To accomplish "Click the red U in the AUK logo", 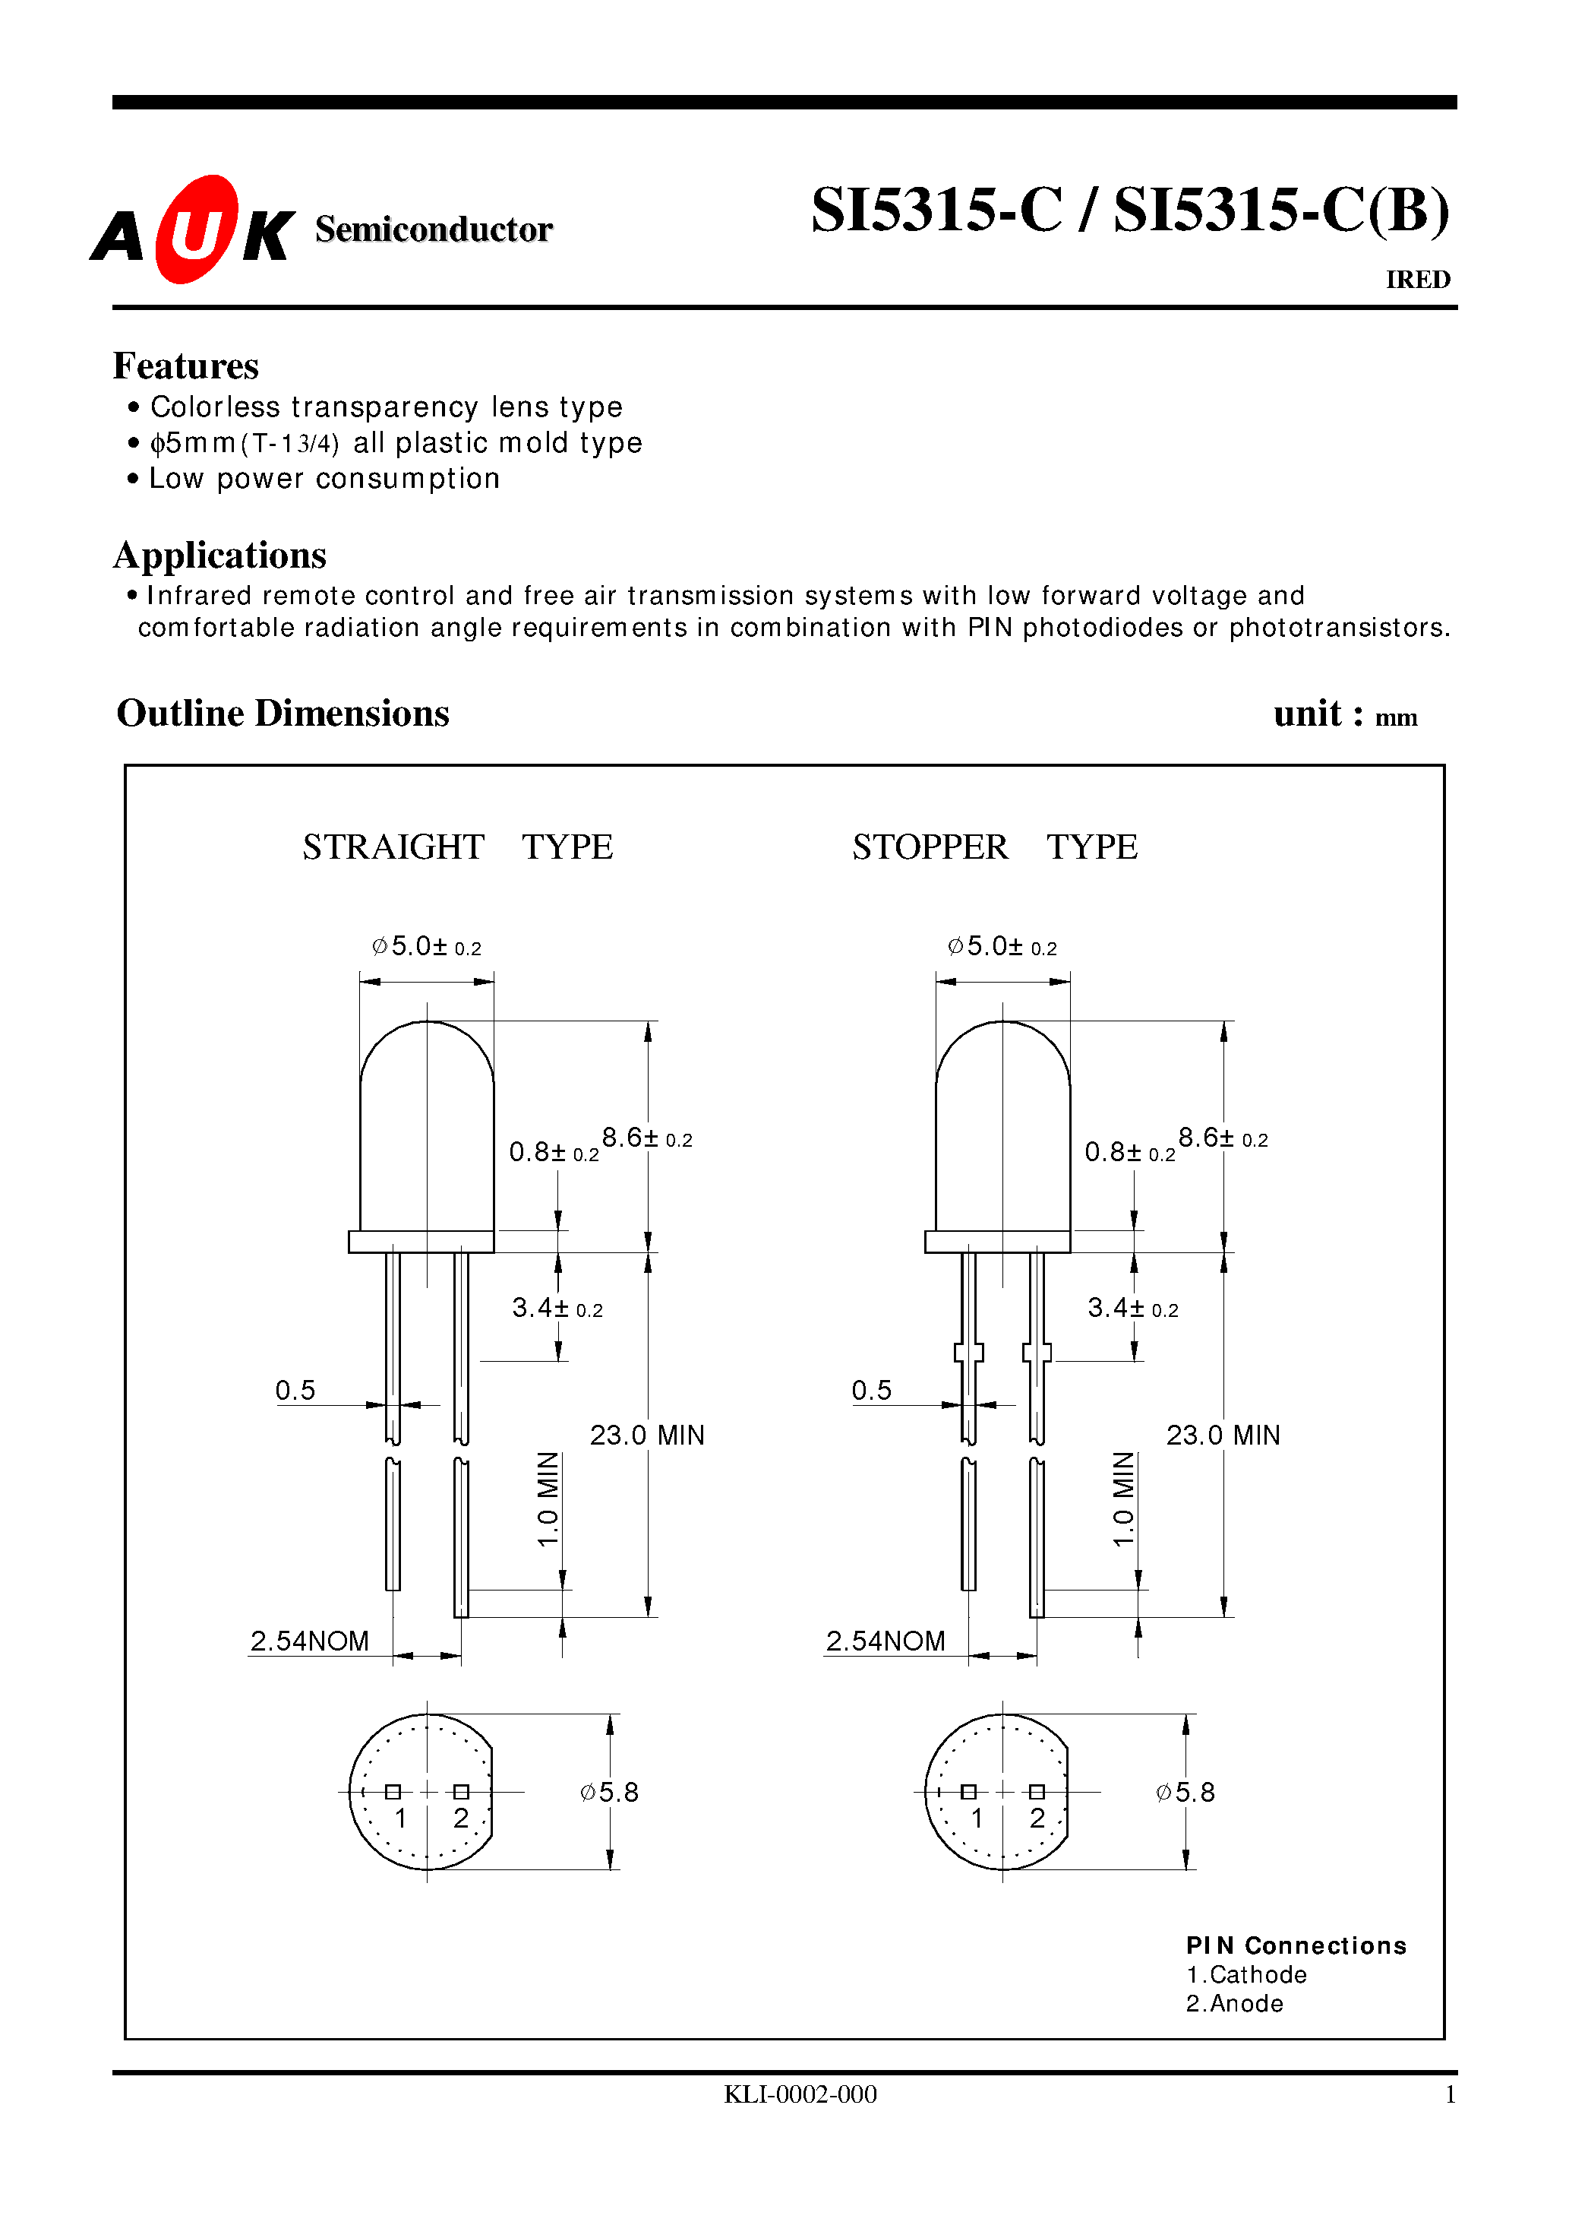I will [x=197, y=230].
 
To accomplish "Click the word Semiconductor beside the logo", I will [x=434, y=229].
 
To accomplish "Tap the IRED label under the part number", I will [x=1417, y=280].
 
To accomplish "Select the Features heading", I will [x=186, y=366].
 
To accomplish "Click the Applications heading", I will [x=219, y=555].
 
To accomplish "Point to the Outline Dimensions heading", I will [x=283, y=714].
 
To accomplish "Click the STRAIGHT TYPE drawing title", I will [x=457, y=847].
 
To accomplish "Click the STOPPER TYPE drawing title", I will [x=994, y=847].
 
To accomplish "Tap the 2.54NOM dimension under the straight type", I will [x=310, y=1641].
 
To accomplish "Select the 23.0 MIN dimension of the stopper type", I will [x=1223, y=1435].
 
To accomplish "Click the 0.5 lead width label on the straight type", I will [x=295, y=1391].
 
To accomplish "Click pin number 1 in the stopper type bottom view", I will [x=977, y=1818].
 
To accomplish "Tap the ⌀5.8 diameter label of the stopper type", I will [x=1185, y=1793].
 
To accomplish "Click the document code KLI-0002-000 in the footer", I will [x=800, y=2094].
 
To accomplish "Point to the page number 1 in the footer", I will [x=1449, y=2094].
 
